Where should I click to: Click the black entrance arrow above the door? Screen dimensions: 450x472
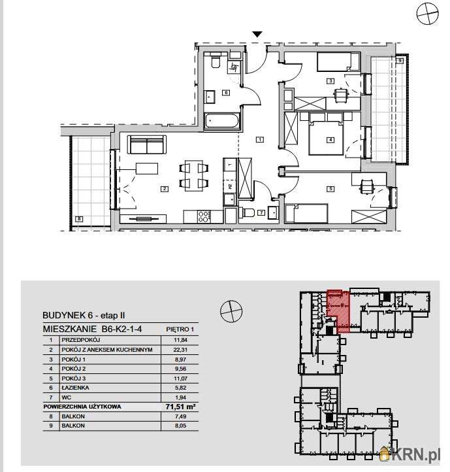tap(257, 34)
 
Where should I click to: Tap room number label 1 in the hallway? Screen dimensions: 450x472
tap(260, 139)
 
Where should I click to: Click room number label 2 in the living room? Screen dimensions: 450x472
tap(164, 189)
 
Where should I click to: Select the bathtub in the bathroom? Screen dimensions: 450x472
tap(222, 122)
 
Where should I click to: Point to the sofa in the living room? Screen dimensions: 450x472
tap(147, 144)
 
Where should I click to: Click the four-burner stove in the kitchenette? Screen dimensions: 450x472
tap(204, 216)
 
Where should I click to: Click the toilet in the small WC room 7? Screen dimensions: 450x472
tap(248, 213)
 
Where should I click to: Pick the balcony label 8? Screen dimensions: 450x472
tap(79, 219)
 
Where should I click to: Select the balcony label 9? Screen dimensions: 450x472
tap(400, 61)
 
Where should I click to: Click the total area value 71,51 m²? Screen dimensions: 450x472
tap(180, 407)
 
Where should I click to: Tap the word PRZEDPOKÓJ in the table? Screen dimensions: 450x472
tap(80, 340)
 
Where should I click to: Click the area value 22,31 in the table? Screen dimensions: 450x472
tap(180, 350)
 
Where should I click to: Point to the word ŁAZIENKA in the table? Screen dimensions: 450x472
tap(75, 388)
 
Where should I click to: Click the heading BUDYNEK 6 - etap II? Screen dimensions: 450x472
tap(84, 316)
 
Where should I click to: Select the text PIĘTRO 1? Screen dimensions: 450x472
tap(180, 329)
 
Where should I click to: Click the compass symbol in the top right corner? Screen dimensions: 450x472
tap(427, 14)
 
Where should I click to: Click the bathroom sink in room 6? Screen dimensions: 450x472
tap(210, 97)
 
